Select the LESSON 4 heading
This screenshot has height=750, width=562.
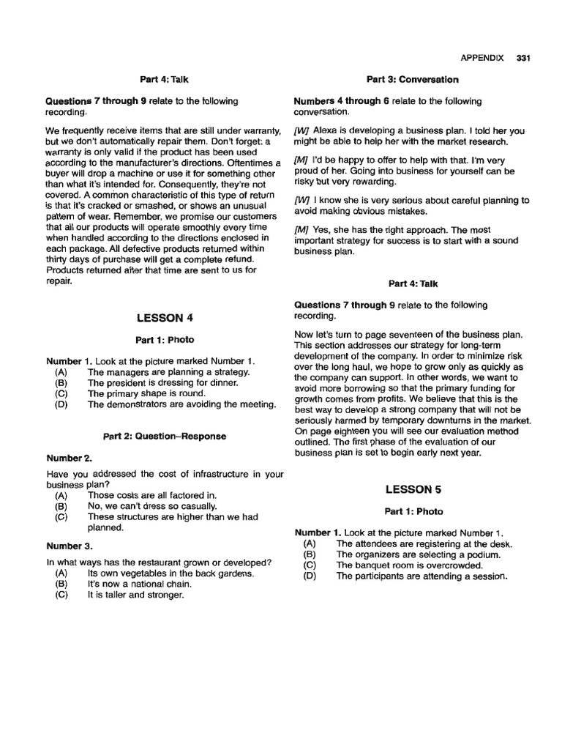pos(165,318)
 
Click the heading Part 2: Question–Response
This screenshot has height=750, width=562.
pos(165,436)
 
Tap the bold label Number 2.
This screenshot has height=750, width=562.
pos(69,458)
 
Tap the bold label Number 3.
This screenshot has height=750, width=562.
pos(69,546)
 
